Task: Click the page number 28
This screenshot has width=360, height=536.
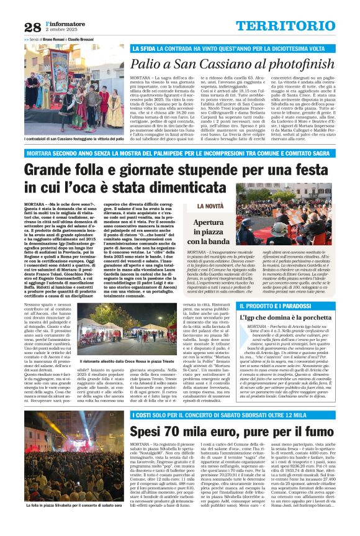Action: click(x=32, y=26)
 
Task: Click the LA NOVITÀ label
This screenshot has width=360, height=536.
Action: click(x=211, y=206)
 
